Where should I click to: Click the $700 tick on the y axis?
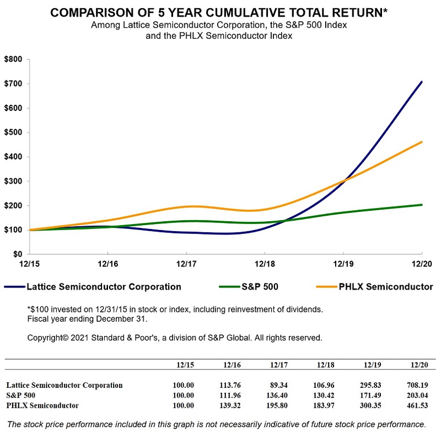(13, 84)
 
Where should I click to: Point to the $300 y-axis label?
(13, 181)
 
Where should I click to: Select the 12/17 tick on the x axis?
(186, 265)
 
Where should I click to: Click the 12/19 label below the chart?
(343, 265)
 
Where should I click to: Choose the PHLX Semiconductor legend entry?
(384, 286)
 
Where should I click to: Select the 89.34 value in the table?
(280, 385)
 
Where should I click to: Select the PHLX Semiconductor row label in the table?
(42, 406)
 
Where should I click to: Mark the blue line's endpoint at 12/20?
(422, 82)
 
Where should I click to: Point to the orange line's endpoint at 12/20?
(422, 142)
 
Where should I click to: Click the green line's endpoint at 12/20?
(422, 205)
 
